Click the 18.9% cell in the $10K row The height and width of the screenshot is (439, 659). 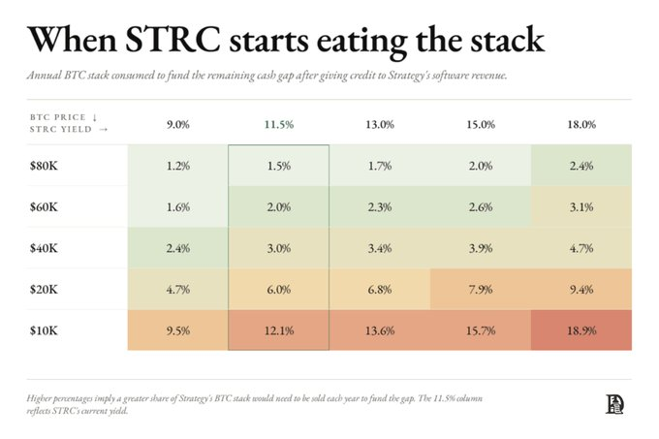[x=581, y=330]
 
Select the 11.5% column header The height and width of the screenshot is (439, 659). [x=279, y=125]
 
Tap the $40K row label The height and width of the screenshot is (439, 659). [x=44, y=248]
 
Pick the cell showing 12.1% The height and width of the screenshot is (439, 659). [x=279, y=330]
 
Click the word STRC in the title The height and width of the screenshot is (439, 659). [x=173, y=40]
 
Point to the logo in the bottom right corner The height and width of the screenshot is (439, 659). [x=614, y=404]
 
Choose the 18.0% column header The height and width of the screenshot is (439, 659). [x=581, y=125]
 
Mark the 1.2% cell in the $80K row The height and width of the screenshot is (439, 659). [x=177, y=166]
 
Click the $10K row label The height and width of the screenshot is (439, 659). [x=44, y=330]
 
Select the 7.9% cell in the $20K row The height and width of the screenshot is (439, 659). [x=481, y=289]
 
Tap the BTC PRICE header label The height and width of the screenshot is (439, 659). [x=58, y=117]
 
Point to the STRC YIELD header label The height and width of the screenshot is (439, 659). [x=61, y=130]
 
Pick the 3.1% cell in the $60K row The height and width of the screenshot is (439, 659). [x=581, y=206]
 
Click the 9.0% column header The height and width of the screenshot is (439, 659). [x=177, y=125]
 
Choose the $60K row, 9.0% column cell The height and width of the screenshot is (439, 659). [x=177, y=206]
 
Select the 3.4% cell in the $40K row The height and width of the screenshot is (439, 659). [x=380, y=248]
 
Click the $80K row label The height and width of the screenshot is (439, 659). [x=44, y=166]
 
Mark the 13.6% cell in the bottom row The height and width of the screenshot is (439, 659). [x=380, y=330]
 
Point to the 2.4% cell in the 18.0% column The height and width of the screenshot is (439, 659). [x=581, y=166]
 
